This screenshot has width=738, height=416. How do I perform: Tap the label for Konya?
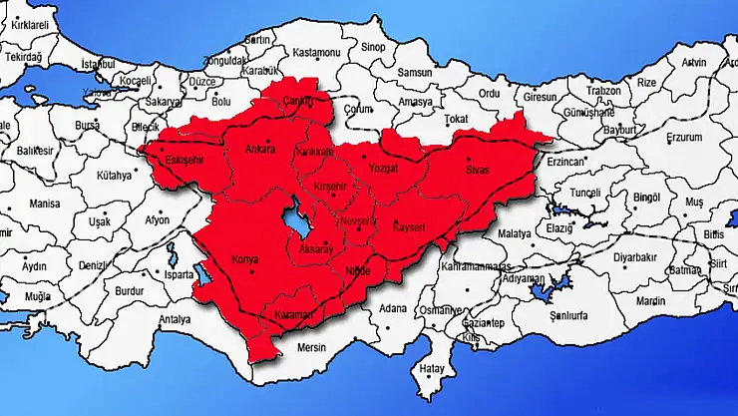[x=244, y=260]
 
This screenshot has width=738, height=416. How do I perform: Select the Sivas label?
[x=479, y=172]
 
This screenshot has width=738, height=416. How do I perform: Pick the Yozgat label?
[x=384, y=170]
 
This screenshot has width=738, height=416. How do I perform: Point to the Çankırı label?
[x=297, y=101]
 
